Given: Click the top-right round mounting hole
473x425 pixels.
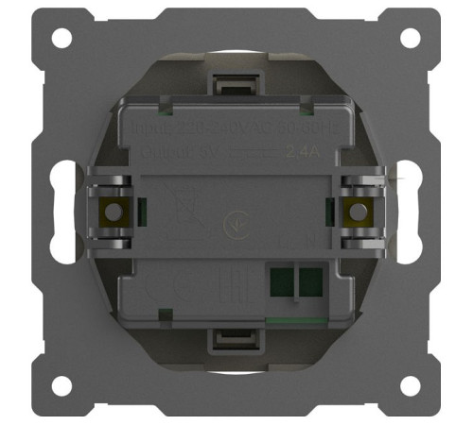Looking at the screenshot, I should [411, 39].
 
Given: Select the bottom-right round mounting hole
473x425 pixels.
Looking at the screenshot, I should [411, 385].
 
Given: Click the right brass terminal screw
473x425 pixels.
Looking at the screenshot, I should [359, 212].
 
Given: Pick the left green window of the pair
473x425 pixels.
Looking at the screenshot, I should [281, 280].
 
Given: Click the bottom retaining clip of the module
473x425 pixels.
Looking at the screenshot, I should [236, 340].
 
